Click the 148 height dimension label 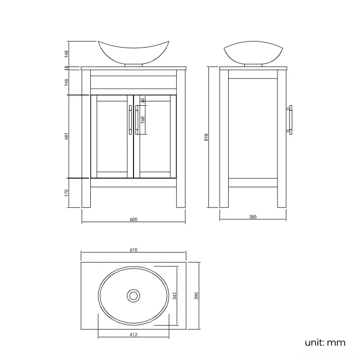(x=66, y=54)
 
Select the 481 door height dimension (x=66, y=136)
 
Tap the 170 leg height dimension (x=66, y=193)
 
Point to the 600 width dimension (x=133, y=219)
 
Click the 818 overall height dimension (x=206, y=137)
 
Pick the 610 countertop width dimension (x=133, y=250)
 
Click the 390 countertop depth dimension (x=196, y=296)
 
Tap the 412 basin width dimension (x=133, y=335)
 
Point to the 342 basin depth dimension (x=174, y=296)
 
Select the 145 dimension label (x=66, y=82)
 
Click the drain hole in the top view (x=133, y=296)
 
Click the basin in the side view (x=252, y=53)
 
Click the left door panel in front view (x=112, y=136)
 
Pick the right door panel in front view (x=155, y=136)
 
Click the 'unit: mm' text (x=325, y=342)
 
